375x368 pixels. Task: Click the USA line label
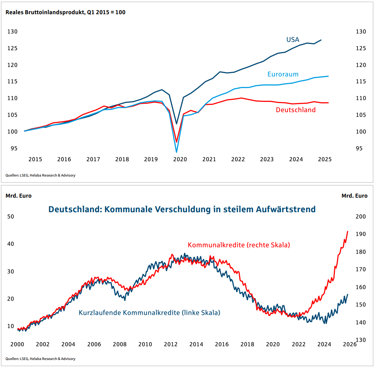pos(293,40)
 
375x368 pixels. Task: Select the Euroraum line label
pos(283,74)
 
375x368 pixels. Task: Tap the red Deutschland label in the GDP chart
pos(296,110)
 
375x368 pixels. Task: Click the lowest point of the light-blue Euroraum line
pos(176,152)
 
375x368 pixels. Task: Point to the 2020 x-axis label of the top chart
pos(180,159)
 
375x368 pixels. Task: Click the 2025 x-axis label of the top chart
pos(325,159)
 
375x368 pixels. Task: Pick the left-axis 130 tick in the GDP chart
pos(13,32)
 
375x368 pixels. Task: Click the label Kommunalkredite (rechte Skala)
pos(239,245)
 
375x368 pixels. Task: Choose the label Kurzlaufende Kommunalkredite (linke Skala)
pos(149,312)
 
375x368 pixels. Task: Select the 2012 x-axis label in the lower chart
pos(171,344)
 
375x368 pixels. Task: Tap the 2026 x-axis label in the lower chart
pos(349,344)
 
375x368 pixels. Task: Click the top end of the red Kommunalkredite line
pos(348,231)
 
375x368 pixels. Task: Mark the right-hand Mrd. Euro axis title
pos(354,196)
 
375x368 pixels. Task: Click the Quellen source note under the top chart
pos(40,175)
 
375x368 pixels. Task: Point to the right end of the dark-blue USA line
pos(321,40)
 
